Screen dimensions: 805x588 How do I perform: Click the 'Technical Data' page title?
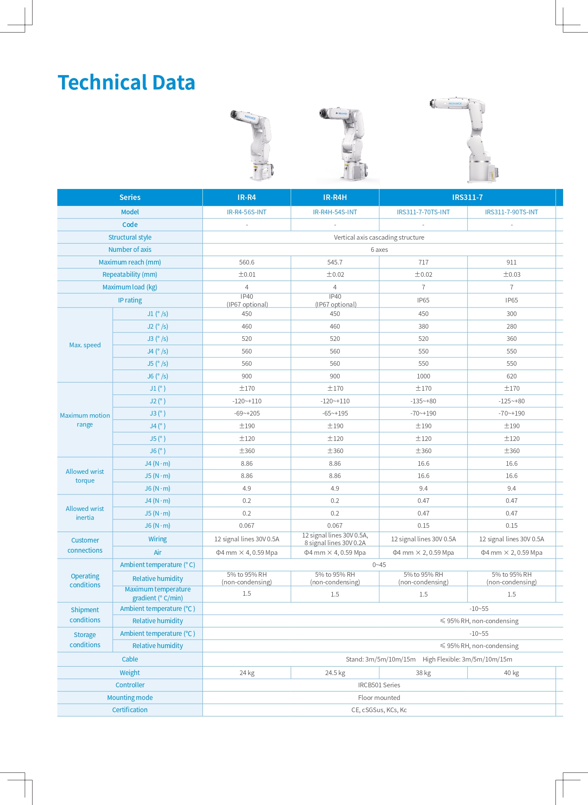pyautogui.click(x=126, y=83)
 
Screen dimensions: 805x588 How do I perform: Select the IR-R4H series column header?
pyautogui.click(x=335, y=197)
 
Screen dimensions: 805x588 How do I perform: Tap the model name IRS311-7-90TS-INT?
pyautogui.click(x=511, y=212)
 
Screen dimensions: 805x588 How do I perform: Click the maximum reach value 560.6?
pyautogui.click(x=247, y=262)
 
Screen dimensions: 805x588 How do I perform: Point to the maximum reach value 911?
pyautogui.click(x=511, y=262)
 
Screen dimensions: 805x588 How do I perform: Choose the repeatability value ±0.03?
pyautogui.click(x=511, y=275)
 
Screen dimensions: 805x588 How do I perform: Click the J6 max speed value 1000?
pyautogui.click(x=423, y=376)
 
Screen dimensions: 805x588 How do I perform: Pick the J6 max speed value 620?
pyautogui.click(x=511, y=376)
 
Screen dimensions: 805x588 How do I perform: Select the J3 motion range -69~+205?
pyautogui.click(x=247, y=413)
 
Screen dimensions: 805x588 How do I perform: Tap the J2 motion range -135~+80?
pyautogui.click(x=423, y=401)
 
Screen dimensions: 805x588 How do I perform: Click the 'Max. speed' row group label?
pyautogui.click(x=85, y=345)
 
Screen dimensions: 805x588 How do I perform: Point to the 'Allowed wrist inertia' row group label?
pyautogui.click(x=85, y=513)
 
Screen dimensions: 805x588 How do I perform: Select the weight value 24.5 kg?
pyautogui.click(x=335, y=673)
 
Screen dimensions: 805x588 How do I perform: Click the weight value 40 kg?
pyautogui.click(x=511, y=673)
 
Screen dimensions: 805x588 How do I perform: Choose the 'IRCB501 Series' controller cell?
pyautogui.click(x=379, y=685)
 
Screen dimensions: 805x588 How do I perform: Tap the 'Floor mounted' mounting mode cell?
pyautogui.click(x=379, y=698)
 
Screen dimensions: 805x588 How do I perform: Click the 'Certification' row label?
pyautogui.click(x=130, y=710)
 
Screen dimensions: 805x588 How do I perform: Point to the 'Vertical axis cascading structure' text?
pyautogui.click(x=379, y=238)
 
